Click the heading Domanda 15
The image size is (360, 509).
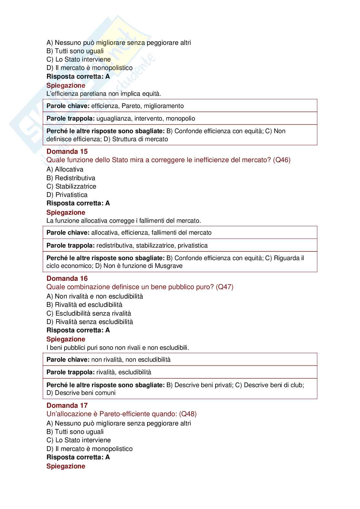pyautogui.click(x=67, y=152)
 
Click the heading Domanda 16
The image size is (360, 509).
pyautogui.click(x=67, y=279)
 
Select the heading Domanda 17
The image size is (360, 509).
pyautogui.click(x=67, y=406)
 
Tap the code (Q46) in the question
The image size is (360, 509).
pyautogui.click(x=281, y=160)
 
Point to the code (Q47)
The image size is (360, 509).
pyautogui.click(x=225, y=287)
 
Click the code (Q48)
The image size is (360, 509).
pyautogui.click(x=188, y=414)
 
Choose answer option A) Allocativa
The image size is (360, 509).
pyautogui.click(x=65, y=169)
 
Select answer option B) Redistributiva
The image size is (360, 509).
pyautogui.click(x=71, y=178)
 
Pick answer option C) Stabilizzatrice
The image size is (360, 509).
pyautogui.click(x=71, y=186)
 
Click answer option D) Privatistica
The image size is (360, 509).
pyautogui.click(x=67, y=195)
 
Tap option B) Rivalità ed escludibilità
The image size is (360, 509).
pyautogui.click(x=84, y=305)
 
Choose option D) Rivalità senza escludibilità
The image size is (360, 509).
pyautogui.click(x=90, y=322)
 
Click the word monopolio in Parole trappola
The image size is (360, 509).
pyautogui.click(x=180, y=119)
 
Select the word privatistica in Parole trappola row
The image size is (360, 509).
pyautogui.click(x=193, y=246)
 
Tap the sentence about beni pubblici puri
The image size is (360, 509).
pyautogui.click(x=118, y=347)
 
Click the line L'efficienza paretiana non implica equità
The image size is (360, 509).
pyautogui.click(x=104, y=94)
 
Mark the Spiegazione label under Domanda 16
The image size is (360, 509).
pyautogui.click(x=66, y=339)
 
